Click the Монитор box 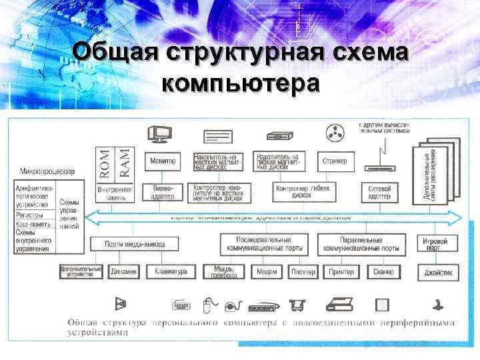tap(163, 161)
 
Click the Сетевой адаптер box tap(379, 192)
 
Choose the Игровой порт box tap(439, 243)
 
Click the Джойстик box tap(439, 272)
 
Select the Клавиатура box tap(170, 272)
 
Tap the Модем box tap(267, 272)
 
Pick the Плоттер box tap(303, 272)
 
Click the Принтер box tap(341, 272)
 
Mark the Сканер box tap(383, 272)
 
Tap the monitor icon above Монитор tap(161, 134)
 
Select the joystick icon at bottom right tap(438, 305)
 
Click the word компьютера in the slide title tap(240, 85)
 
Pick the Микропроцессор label tap(47, 171)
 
